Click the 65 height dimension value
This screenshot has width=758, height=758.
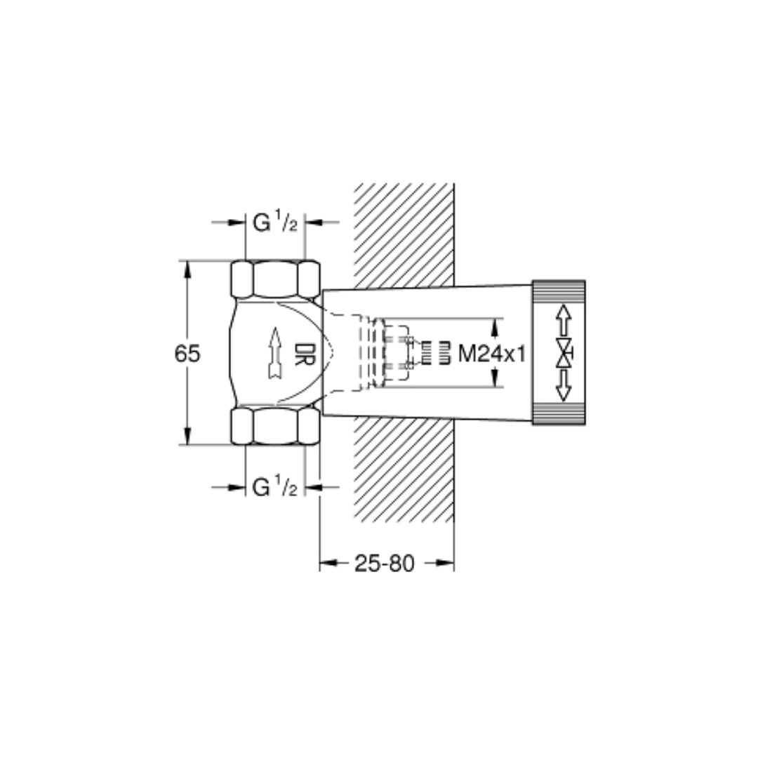point(187,354)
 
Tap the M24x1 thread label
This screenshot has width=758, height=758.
point(491,354)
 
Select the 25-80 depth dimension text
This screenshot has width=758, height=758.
point(385,563)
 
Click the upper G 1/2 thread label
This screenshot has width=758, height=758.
point(275,222)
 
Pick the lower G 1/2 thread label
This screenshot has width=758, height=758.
point(274,486)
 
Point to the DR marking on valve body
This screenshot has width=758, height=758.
point(305,354)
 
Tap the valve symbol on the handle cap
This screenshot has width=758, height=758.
point(564,353)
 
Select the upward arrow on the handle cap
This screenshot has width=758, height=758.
point(563,321)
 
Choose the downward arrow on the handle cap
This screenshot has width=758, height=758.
point(563,385)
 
